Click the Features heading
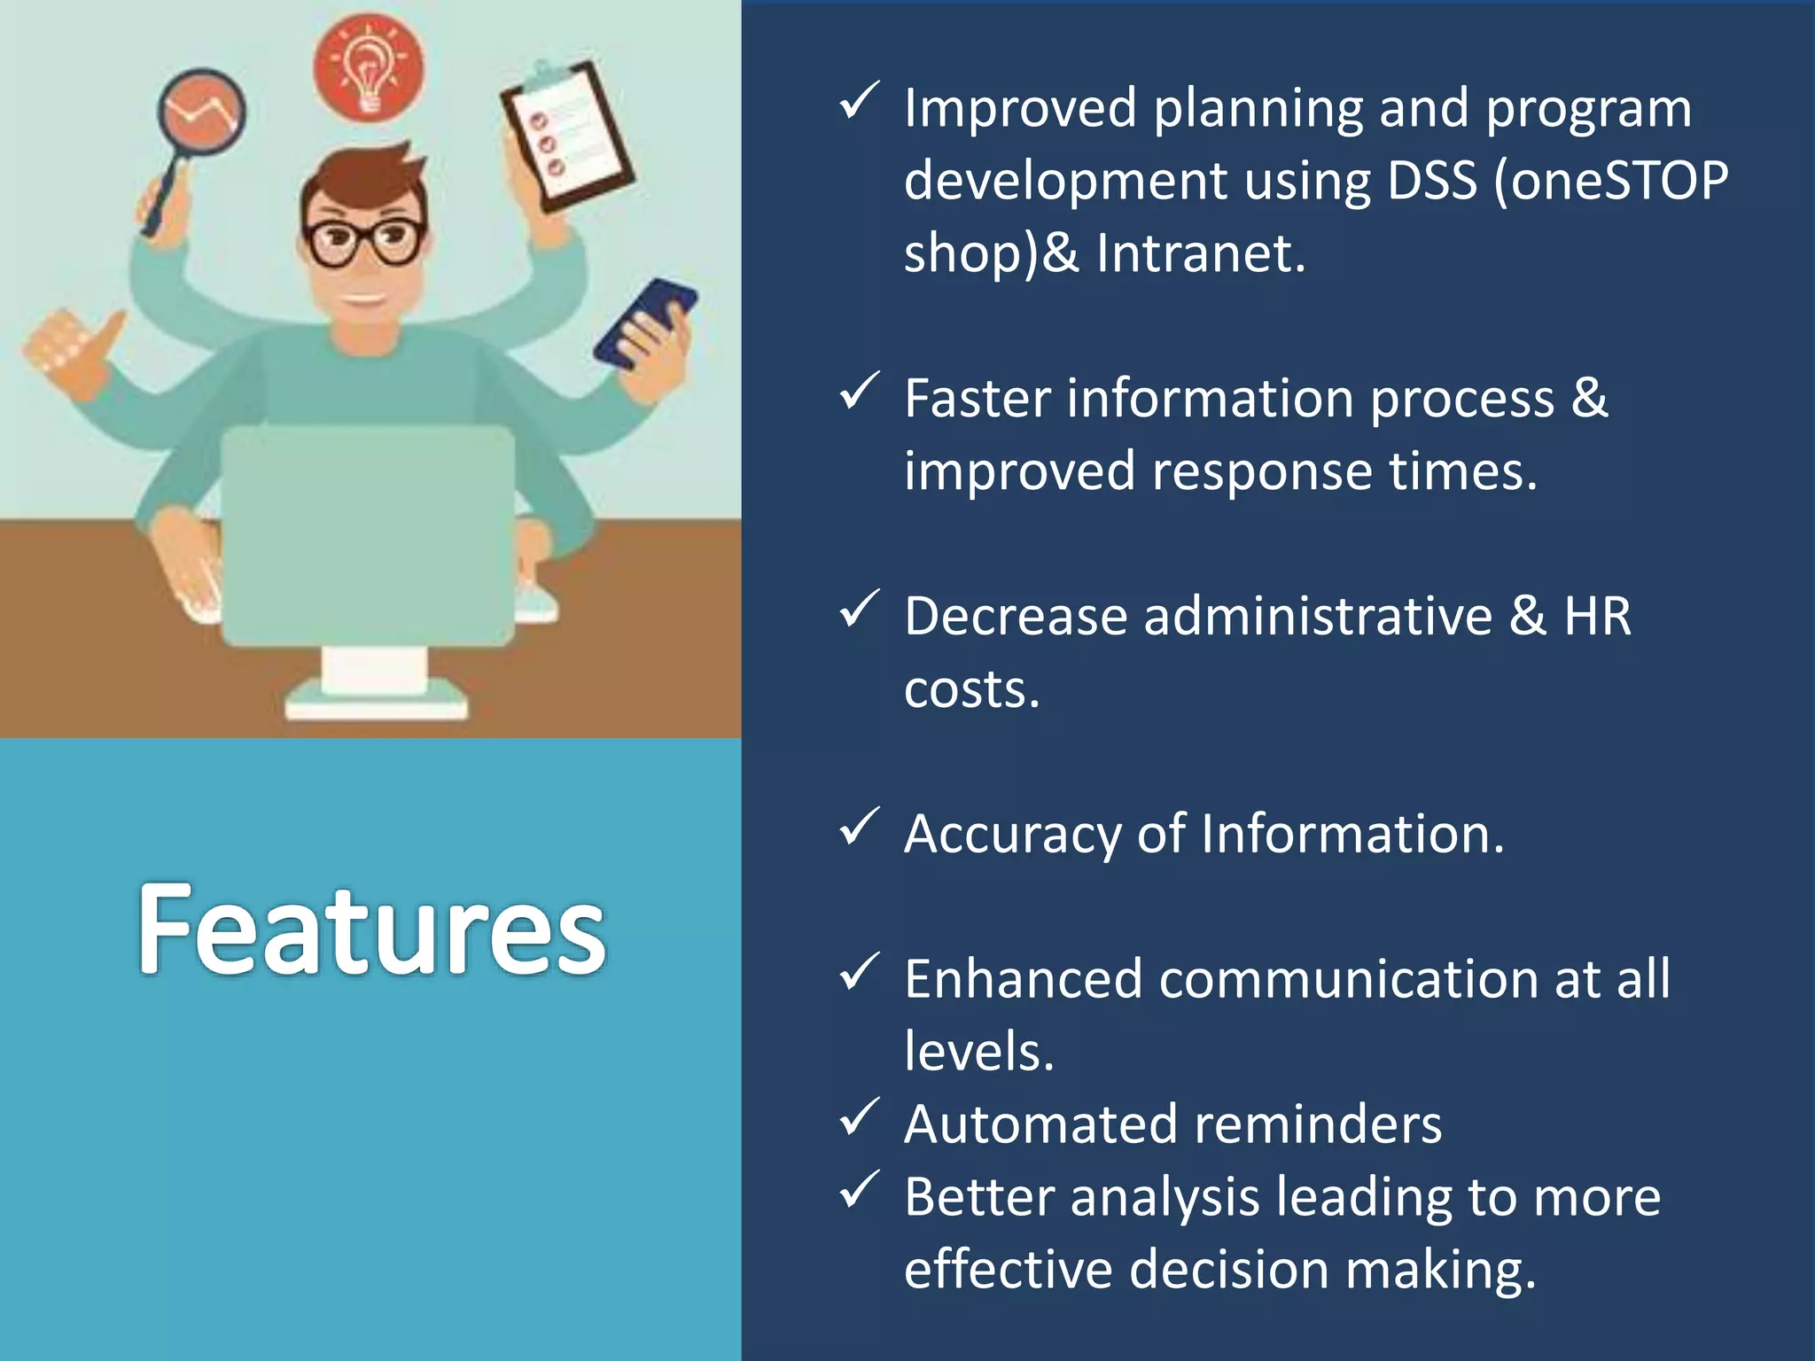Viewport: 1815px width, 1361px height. coord(371,930)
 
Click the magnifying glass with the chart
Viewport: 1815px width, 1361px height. coord(202,113)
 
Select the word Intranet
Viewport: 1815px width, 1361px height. coord(1201,253)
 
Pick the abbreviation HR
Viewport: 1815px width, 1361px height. coord(1597,617)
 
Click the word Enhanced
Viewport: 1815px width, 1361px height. coord(1024,980)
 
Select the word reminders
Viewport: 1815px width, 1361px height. coord(1318,1125)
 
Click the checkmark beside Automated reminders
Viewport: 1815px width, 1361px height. coord(858,1118)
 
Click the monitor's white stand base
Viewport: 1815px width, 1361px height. coord(376,707)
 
